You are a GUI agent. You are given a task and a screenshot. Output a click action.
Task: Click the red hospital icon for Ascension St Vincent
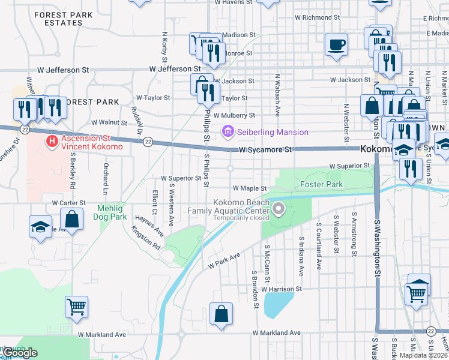pos(52,142)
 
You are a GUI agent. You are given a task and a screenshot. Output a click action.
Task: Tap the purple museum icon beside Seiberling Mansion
pos(228,131)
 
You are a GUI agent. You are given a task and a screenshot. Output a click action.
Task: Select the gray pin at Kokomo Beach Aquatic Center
pos(278,209)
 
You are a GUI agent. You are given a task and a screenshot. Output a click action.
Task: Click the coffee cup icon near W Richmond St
pos(336,44)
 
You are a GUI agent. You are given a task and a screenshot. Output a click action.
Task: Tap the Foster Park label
pos(321,184)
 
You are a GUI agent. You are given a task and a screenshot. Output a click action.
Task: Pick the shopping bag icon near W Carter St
pos(72,220)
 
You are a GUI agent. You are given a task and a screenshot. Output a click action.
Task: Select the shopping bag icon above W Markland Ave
pos(221,314)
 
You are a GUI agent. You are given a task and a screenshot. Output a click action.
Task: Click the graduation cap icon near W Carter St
pos(40,227)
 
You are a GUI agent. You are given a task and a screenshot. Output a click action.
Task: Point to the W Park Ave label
pos(224,260)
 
